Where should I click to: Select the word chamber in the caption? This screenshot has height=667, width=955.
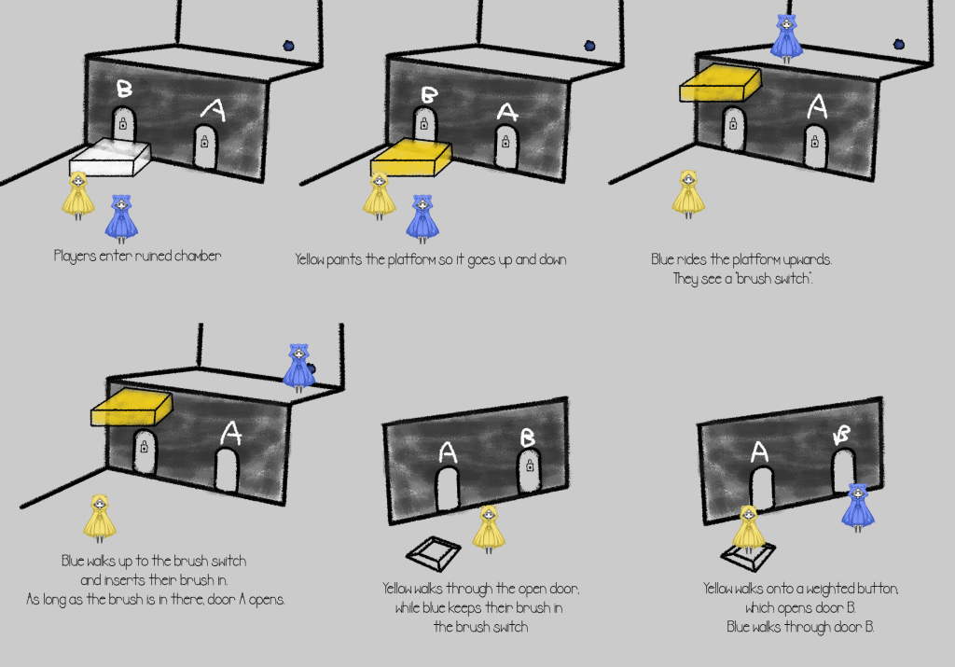tap(198, 256)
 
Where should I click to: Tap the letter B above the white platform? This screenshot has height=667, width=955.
tap(124, 89)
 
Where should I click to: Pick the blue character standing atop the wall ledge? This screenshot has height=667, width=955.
tap(786, 39)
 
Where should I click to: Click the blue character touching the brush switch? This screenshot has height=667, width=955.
tap(298, 368)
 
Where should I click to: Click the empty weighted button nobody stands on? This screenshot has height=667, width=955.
tap(433, 553)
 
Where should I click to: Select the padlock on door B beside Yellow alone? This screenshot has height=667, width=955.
tap(530, 466)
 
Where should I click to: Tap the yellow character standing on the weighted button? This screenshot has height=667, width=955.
tap(749, 529)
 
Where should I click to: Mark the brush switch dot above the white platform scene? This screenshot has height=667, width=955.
tap(289, 46)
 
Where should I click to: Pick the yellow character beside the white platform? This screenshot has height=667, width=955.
tap(78, 196)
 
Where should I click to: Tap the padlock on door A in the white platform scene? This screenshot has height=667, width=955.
tap(204, 142)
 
